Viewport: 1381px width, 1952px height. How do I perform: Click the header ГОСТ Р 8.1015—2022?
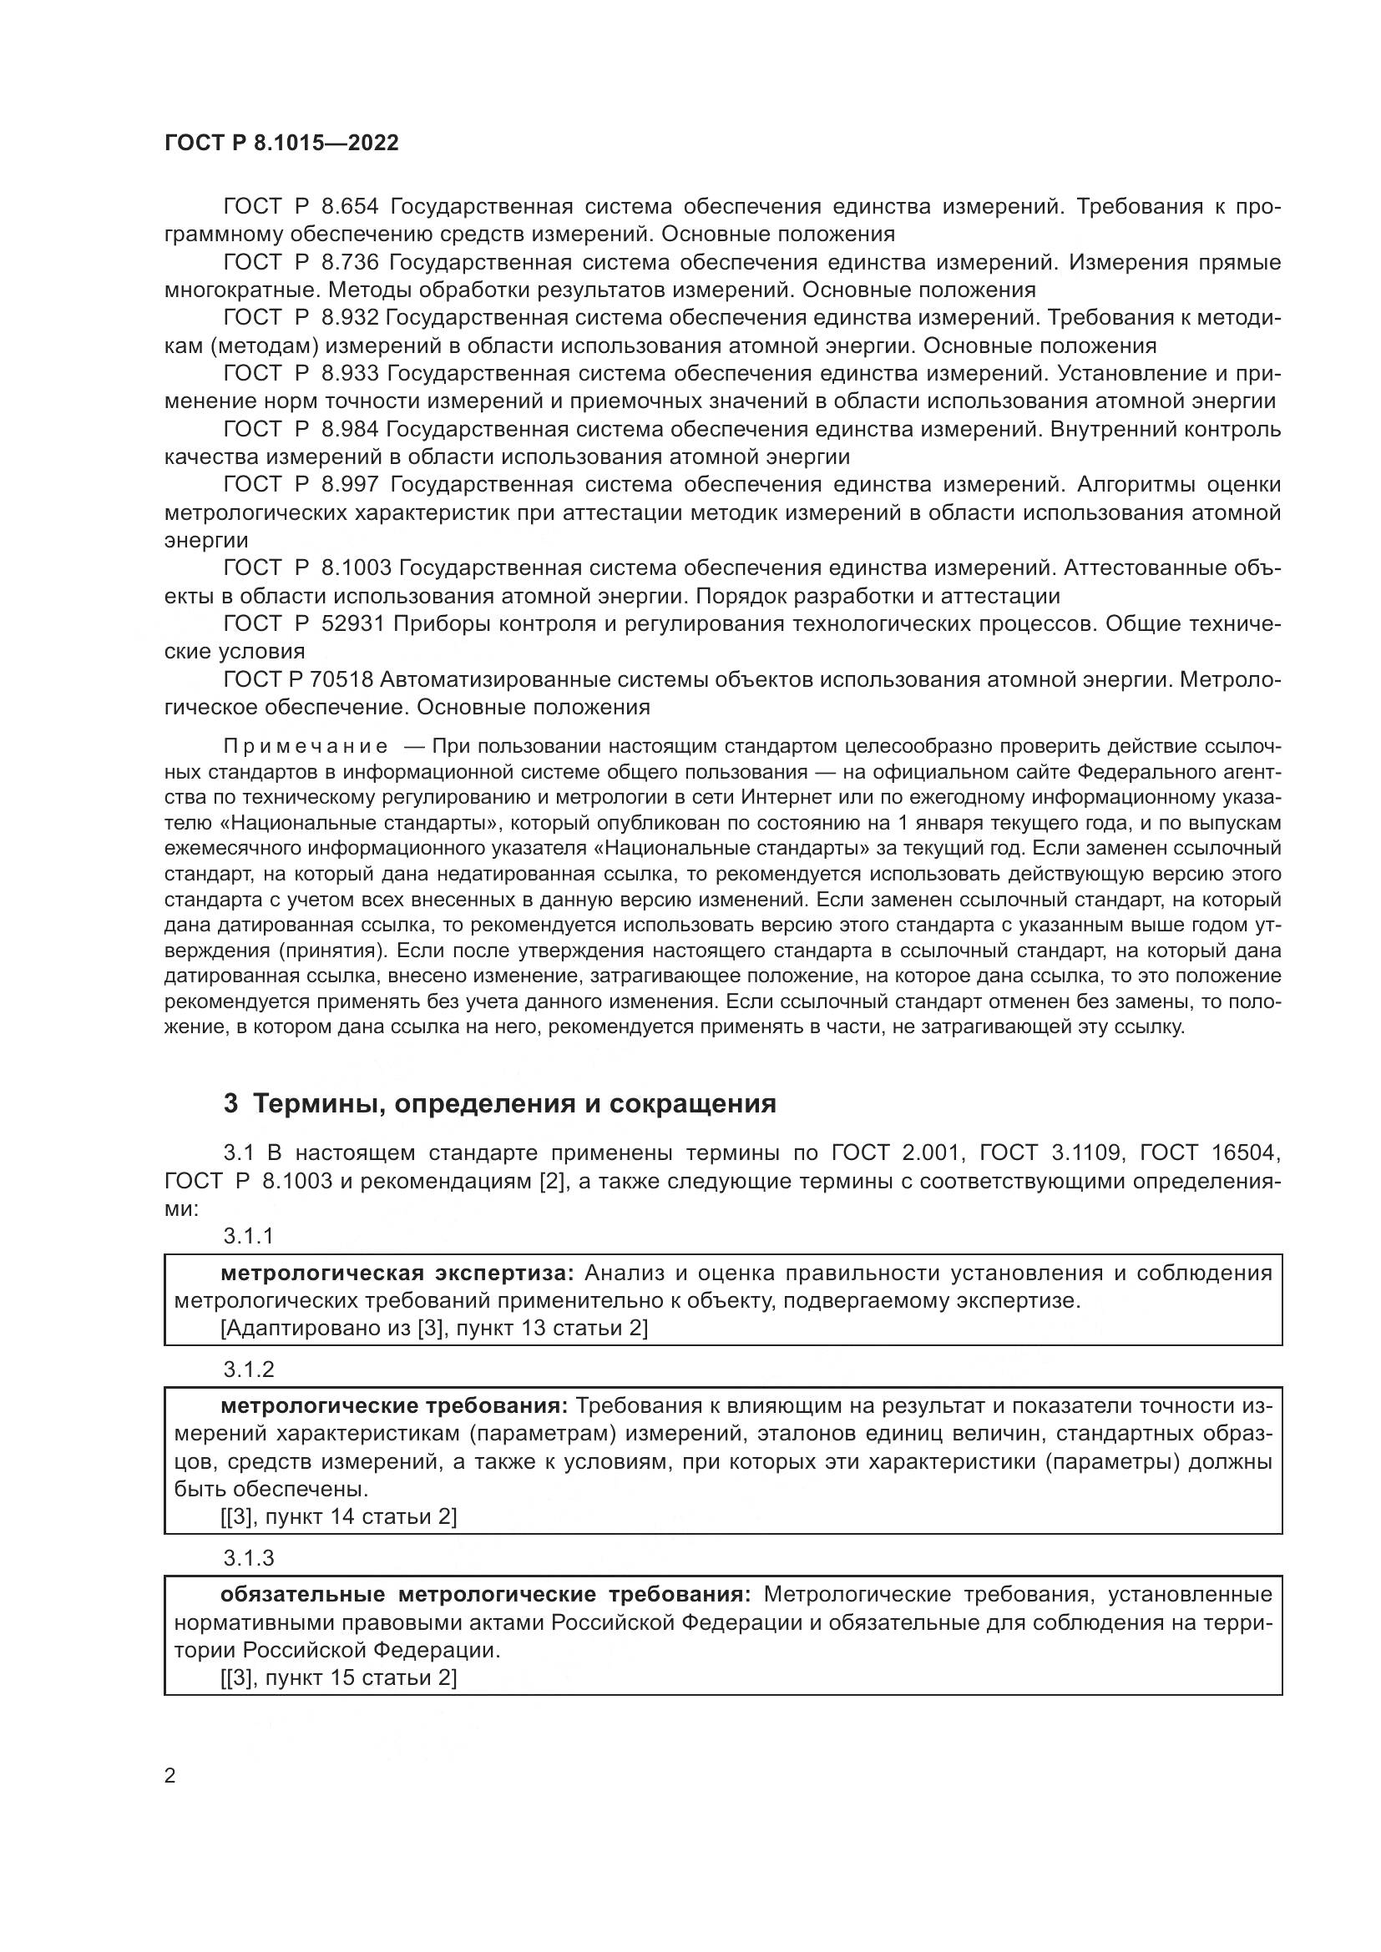(x=281, y=144)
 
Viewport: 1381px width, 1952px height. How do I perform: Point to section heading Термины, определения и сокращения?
(x=499, y=1104)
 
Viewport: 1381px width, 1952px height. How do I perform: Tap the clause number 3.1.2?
(x=248, y=1369)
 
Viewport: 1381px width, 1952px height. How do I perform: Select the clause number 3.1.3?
(x=248, y=1558)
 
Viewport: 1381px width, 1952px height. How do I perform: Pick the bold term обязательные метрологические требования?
(x=485, y=1594)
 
